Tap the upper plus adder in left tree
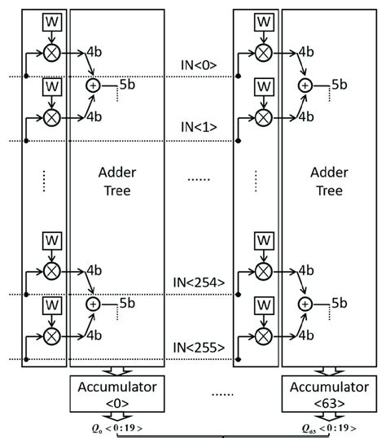[93, 85]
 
